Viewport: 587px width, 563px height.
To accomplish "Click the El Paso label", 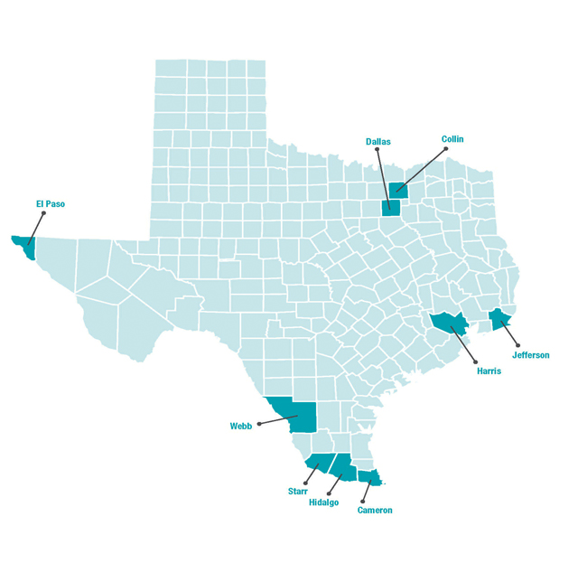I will [50, 204].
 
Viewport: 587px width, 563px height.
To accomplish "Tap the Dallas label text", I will [377, 141].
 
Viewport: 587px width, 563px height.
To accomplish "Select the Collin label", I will [452, 139].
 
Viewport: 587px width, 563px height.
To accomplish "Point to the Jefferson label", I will [530, 355].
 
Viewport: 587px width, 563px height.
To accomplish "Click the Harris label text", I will [489, 371].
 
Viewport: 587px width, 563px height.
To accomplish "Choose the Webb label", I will [241, 426].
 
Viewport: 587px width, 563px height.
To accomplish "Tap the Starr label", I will [298, 491].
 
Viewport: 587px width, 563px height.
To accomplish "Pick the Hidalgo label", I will [323, 502].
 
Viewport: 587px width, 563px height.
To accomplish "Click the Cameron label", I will [375, 511].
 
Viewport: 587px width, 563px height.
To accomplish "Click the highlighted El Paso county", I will [24, 246].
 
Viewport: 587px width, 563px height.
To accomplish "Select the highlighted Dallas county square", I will [391, 208].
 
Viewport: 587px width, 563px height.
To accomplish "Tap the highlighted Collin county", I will [397, 191].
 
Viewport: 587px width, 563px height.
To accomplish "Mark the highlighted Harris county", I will [446, 323].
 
